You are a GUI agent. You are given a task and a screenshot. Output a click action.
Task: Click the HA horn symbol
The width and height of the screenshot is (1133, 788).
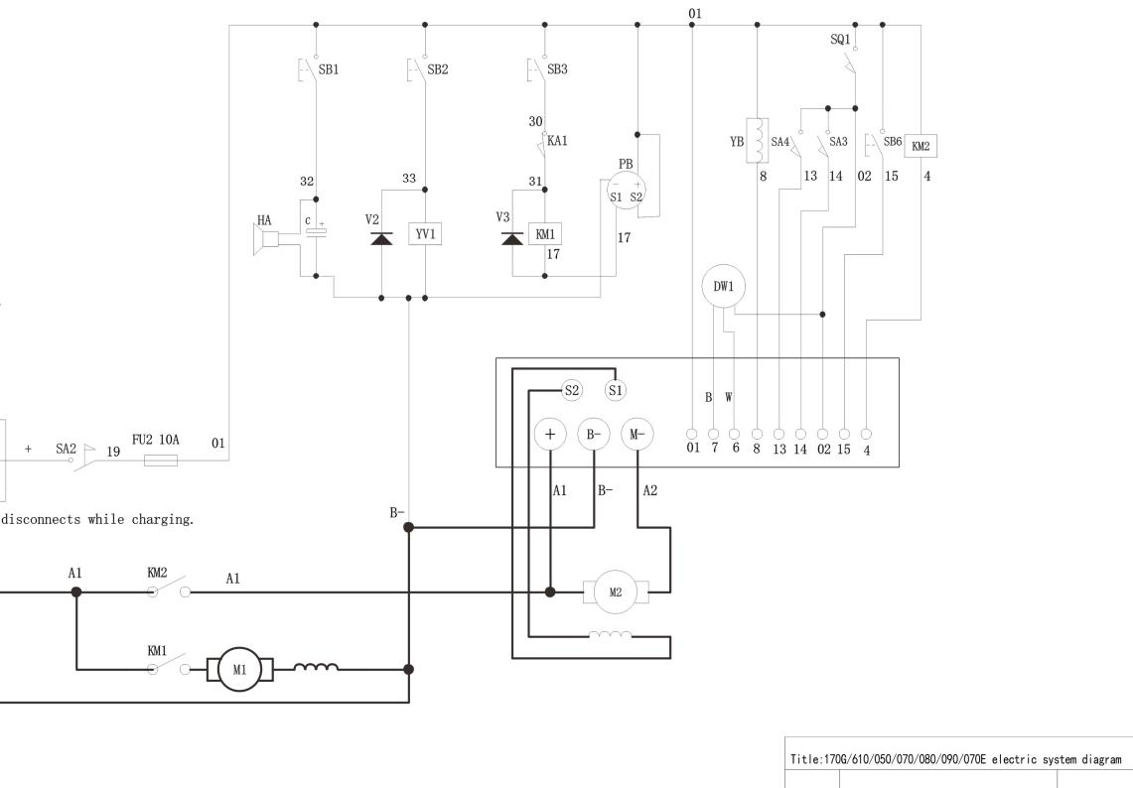click(265, 237)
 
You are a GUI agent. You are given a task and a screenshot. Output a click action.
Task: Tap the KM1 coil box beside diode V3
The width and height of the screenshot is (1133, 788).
click(544, 234)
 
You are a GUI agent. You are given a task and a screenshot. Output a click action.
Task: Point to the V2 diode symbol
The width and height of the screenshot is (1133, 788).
click(382, 238)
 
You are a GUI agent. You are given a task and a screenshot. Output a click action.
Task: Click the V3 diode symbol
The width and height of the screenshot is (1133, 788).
click(512, 238)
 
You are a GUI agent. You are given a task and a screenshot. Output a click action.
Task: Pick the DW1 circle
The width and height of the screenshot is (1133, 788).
click(724, 287)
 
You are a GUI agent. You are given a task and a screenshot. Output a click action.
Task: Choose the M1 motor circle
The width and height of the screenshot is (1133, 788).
click(239, 669)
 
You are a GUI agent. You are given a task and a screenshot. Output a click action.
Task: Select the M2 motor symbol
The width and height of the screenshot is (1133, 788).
click(614, 591)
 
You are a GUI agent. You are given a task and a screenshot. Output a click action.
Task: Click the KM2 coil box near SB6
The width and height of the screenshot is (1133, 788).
click(921, 146)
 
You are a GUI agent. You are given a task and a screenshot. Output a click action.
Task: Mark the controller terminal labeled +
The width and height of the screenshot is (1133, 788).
click(550, 434)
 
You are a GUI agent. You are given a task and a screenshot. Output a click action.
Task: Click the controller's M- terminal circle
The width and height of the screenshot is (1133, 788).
click(637, 434)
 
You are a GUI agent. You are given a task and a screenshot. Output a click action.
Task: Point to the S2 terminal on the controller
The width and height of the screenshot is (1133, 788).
click(571, 391)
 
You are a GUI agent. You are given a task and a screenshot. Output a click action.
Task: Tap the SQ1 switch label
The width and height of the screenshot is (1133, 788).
click(840, 39)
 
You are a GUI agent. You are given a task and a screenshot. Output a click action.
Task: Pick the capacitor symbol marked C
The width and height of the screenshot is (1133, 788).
click(316, 232)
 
